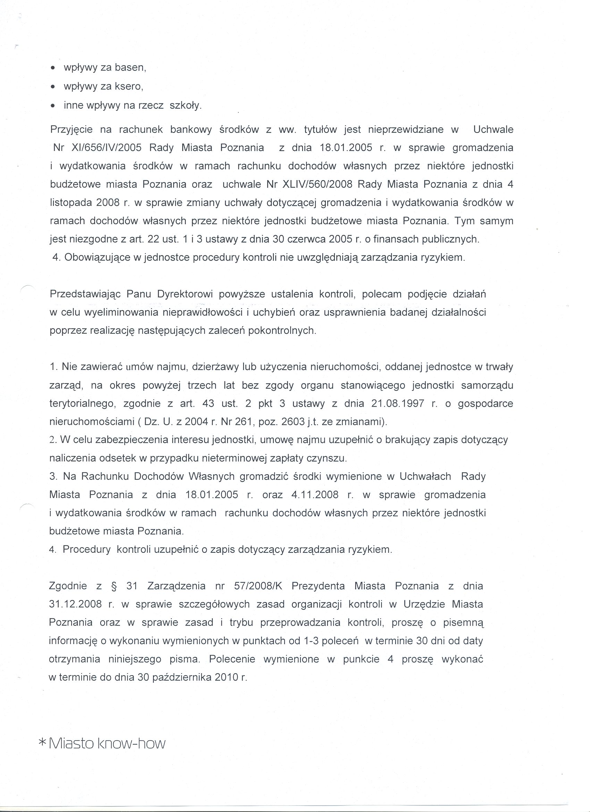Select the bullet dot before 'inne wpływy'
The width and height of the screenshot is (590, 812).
(x=53, y=106)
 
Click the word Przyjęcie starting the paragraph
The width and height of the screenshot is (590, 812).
(x=71, y=129)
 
